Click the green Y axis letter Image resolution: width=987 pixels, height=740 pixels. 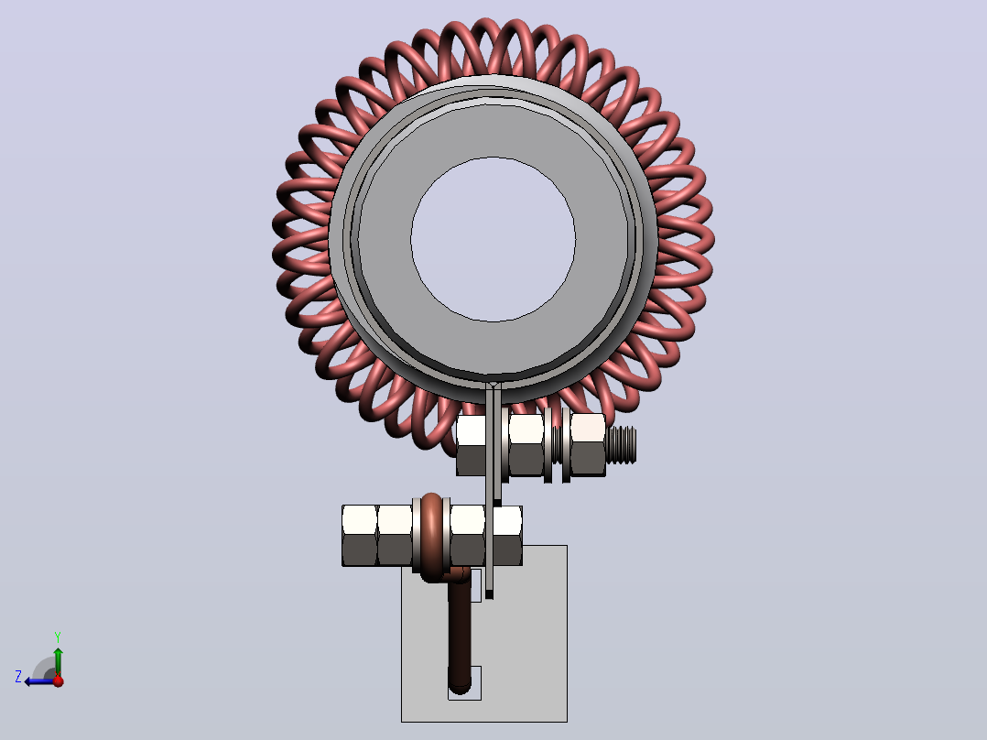(58, 637)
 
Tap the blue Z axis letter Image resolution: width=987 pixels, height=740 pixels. (18, 677)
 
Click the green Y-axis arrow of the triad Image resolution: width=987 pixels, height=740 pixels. (58, 661)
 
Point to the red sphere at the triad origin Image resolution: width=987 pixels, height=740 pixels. (59, 680)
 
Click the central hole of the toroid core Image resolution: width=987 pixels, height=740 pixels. (493, 239)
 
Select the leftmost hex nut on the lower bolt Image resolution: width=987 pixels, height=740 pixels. (360, 536)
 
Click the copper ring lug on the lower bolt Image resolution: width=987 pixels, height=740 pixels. (432, 537)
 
